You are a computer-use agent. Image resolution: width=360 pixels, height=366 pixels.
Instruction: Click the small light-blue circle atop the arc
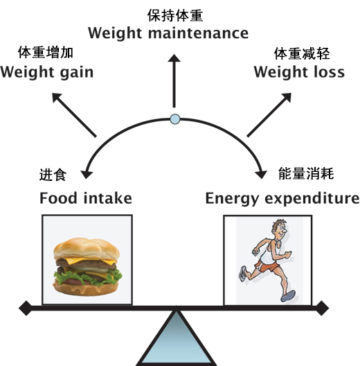coord(175,119)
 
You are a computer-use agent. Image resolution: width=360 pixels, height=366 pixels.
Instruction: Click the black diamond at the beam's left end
coord(25,308)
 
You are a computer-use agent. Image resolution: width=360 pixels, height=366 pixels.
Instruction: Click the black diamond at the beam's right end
coord(322,308)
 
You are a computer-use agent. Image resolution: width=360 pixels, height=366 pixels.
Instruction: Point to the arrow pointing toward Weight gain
coord(74,115)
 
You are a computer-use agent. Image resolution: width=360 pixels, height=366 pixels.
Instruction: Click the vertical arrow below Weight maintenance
coord(174,81)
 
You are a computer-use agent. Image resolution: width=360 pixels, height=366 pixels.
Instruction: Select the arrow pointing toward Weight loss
coord(269,115)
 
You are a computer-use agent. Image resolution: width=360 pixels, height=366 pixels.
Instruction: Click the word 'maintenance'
coord(199,33)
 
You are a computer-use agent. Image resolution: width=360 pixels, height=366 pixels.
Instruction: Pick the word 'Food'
coord(58,198)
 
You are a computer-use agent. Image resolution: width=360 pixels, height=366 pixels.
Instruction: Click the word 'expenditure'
coord(312,200)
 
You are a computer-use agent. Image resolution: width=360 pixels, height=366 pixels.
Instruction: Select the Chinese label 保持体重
coord(175,16)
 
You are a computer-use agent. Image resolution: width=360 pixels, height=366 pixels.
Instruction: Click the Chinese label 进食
coord(53,175)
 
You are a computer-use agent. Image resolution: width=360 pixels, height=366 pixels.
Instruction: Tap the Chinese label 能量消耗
coord(306,173)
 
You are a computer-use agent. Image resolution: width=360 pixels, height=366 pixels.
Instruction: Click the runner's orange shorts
coord(267,267)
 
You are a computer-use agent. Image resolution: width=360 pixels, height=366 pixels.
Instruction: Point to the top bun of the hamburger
coord(87,248)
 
